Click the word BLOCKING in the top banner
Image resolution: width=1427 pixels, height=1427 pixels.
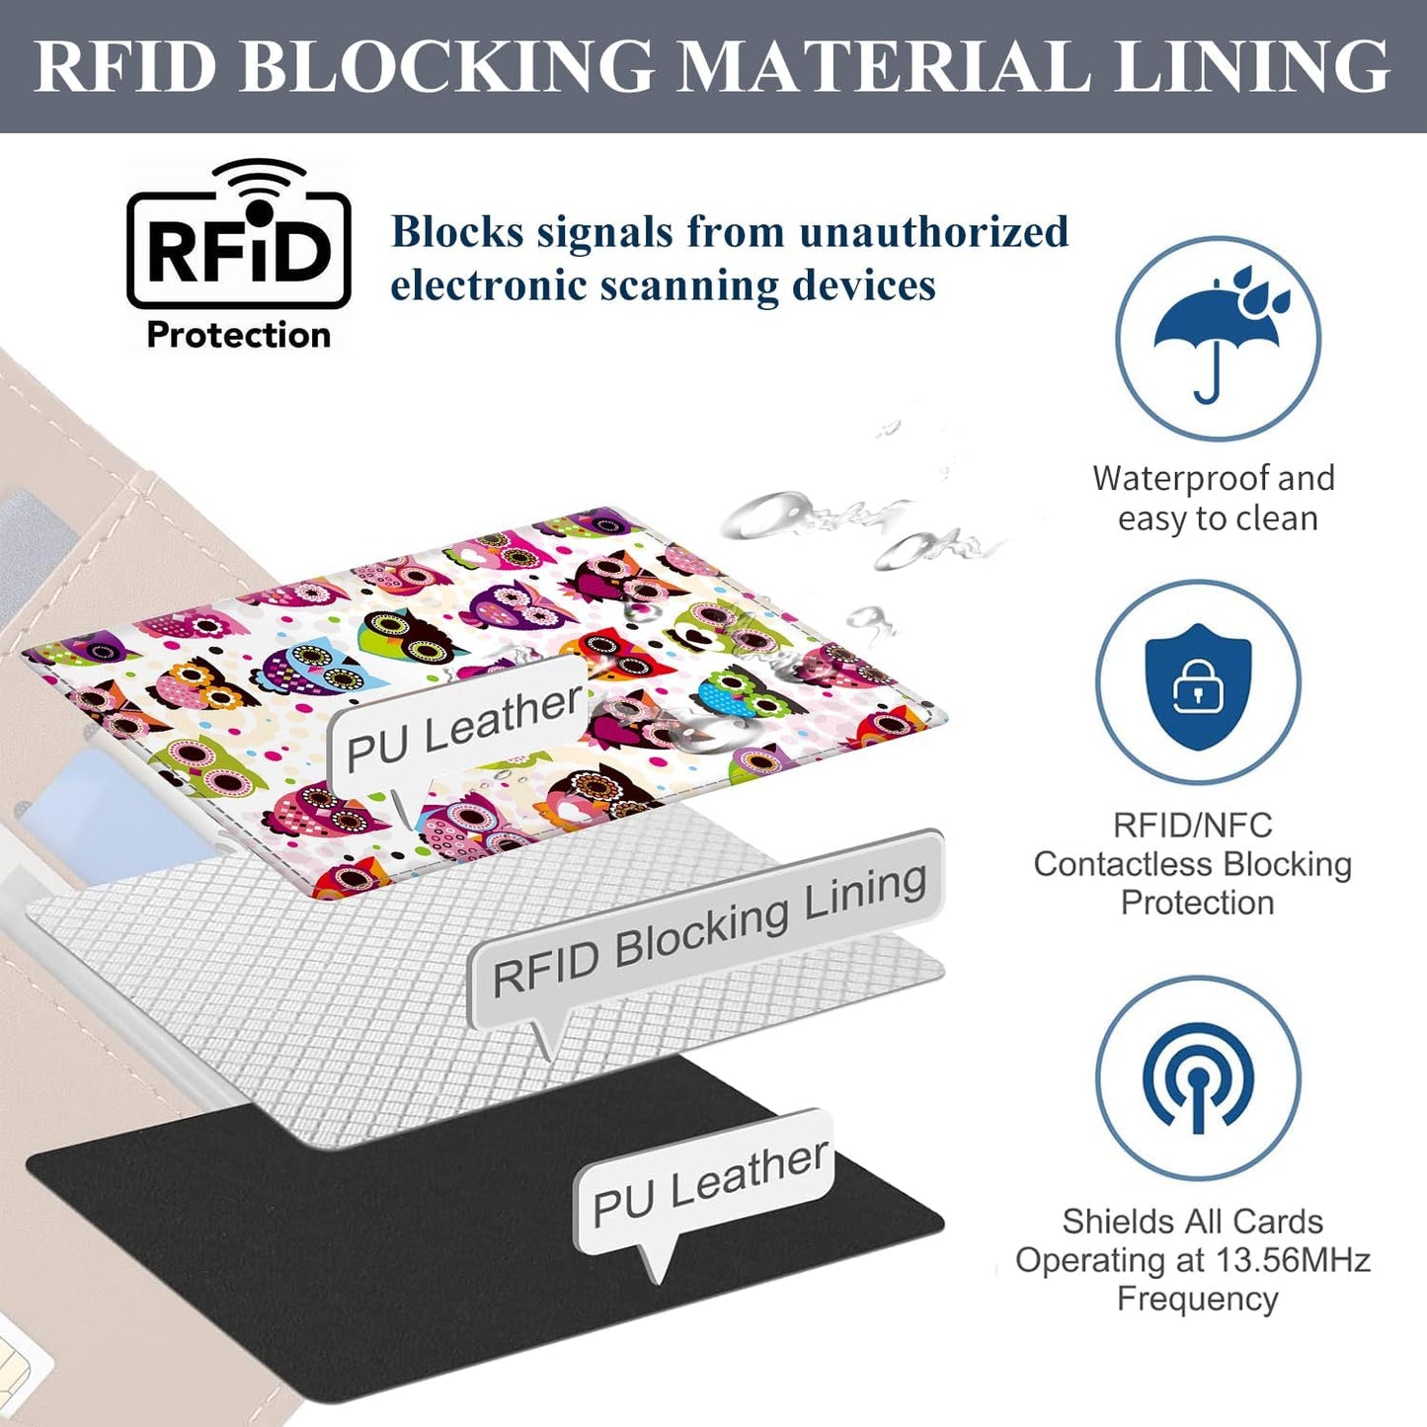pyautogui.click(x=445, y=66)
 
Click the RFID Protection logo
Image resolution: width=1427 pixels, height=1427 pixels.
pyautogui.click(x=238, y=256)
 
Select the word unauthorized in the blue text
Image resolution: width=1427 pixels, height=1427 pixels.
pyautogui.click(x=934, y=232)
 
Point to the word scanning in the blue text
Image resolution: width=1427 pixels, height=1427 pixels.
pyautogui.click(x=688, y=286)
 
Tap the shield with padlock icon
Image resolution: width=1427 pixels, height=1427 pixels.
pyautogui.click(x=1198, y=687)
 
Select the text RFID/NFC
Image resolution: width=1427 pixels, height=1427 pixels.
pyautogui.click(x=1192, y=826)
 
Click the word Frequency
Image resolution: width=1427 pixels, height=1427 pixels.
pyautogui.click(x=1198, y=1299)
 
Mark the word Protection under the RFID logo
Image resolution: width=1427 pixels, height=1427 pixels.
pyautogui.click(x=238, y=336)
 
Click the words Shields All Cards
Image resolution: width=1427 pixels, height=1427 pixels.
pyautogui.click(x=1192, y=1222)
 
